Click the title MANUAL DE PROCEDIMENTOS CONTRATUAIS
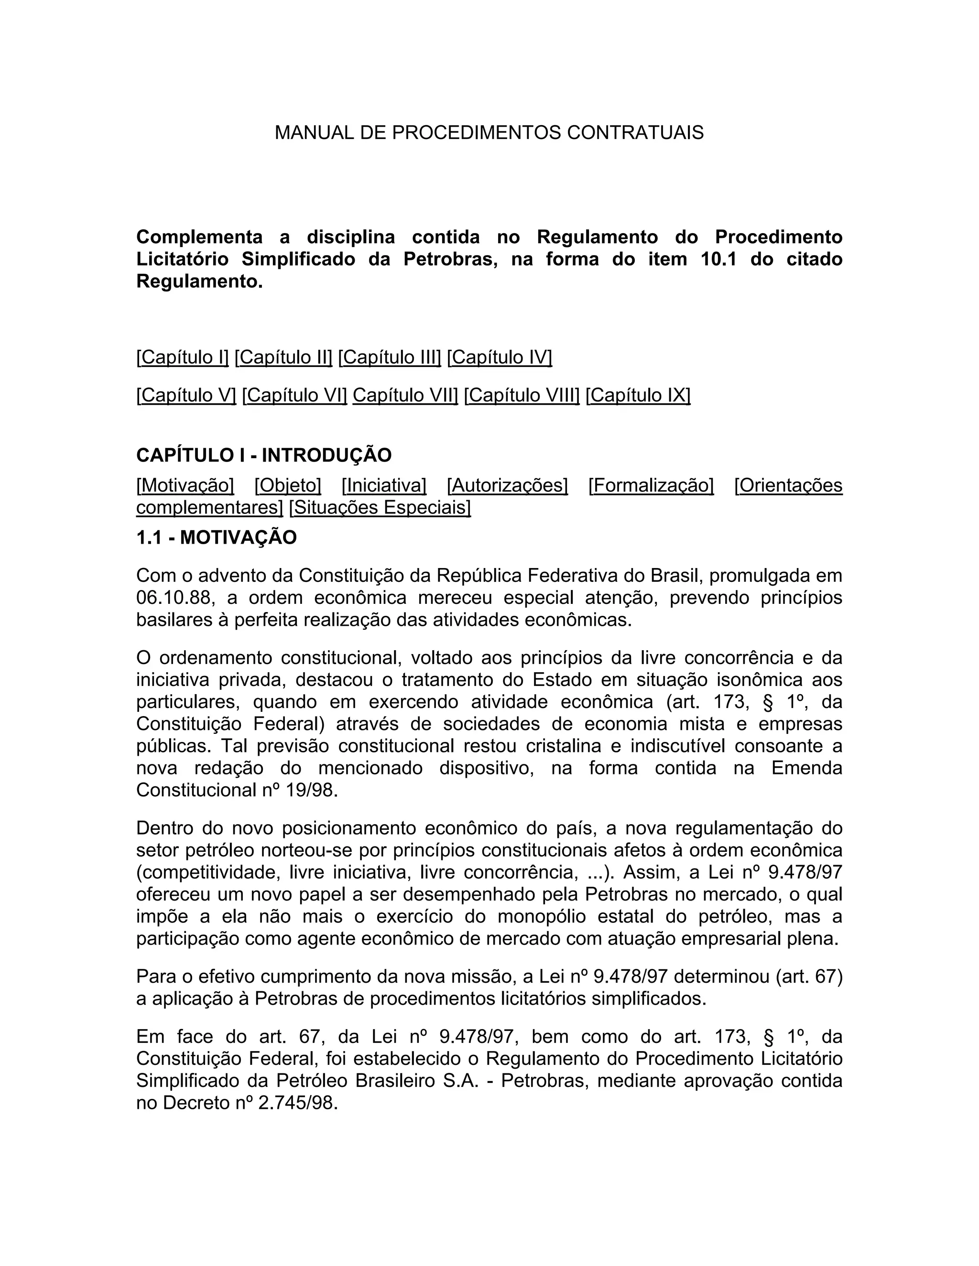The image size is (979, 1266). point(489,133)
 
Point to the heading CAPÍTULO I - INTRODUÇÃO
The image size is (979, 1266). point(264,455)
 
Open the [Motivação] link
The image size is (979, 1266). point(185,485)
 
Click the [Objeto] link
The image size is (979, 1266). point(288,485)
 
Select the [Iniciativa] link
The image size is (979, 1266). point(384,485)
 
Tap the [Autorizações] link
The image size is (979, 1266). point(508,485)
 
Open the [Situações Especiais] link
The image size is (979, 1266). point(380,507)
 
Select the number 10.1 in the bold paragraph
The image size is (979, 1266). point(718,259)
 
